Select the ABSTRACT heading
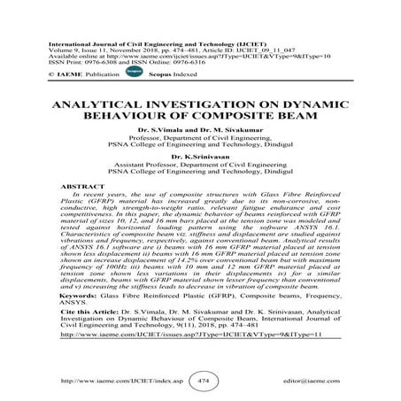77,189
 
